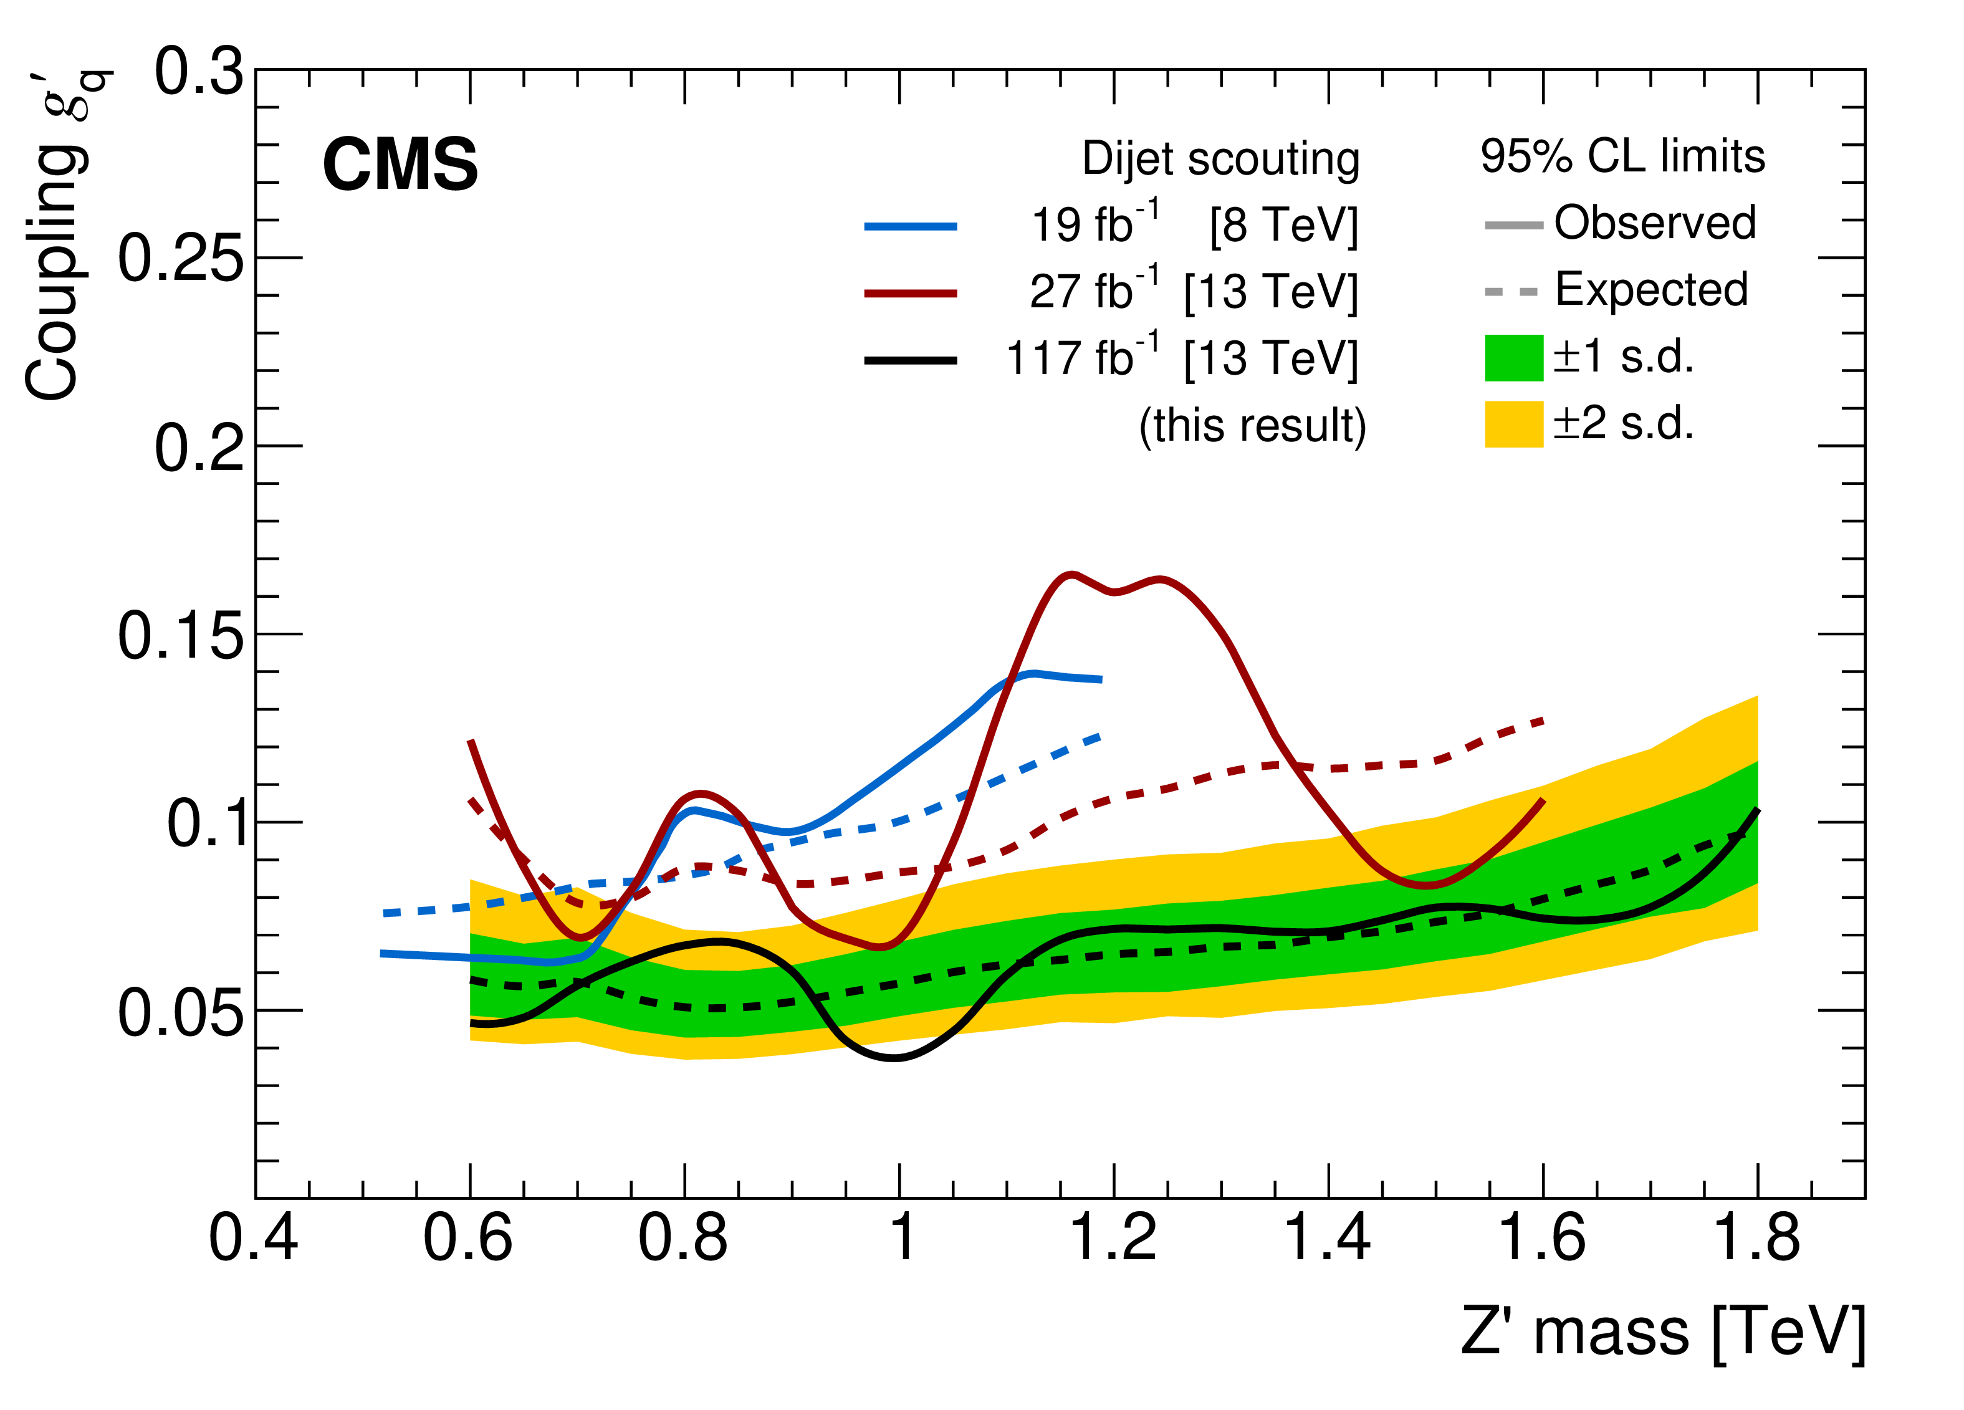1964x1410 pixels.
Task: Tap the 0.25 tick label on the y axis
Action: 180,258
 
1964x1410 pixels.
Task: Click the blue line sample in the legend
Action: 910,226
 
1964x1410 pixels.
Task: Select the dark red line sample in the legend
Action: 910,293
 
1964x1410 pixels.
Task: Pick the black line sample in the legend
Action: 910,360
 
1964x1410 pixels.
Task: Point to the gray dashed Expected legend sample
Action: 1511,293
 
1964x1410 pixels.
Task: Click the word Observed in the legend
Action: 1654,223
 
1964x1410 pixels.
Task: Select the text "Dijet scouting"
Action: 1220,160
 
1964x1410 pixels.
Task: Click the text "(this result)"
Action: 1252,425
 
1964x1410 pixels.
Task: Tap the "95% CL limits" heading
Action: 1622,156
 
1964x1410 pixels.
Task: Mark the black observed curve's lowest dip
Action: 896,1057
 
